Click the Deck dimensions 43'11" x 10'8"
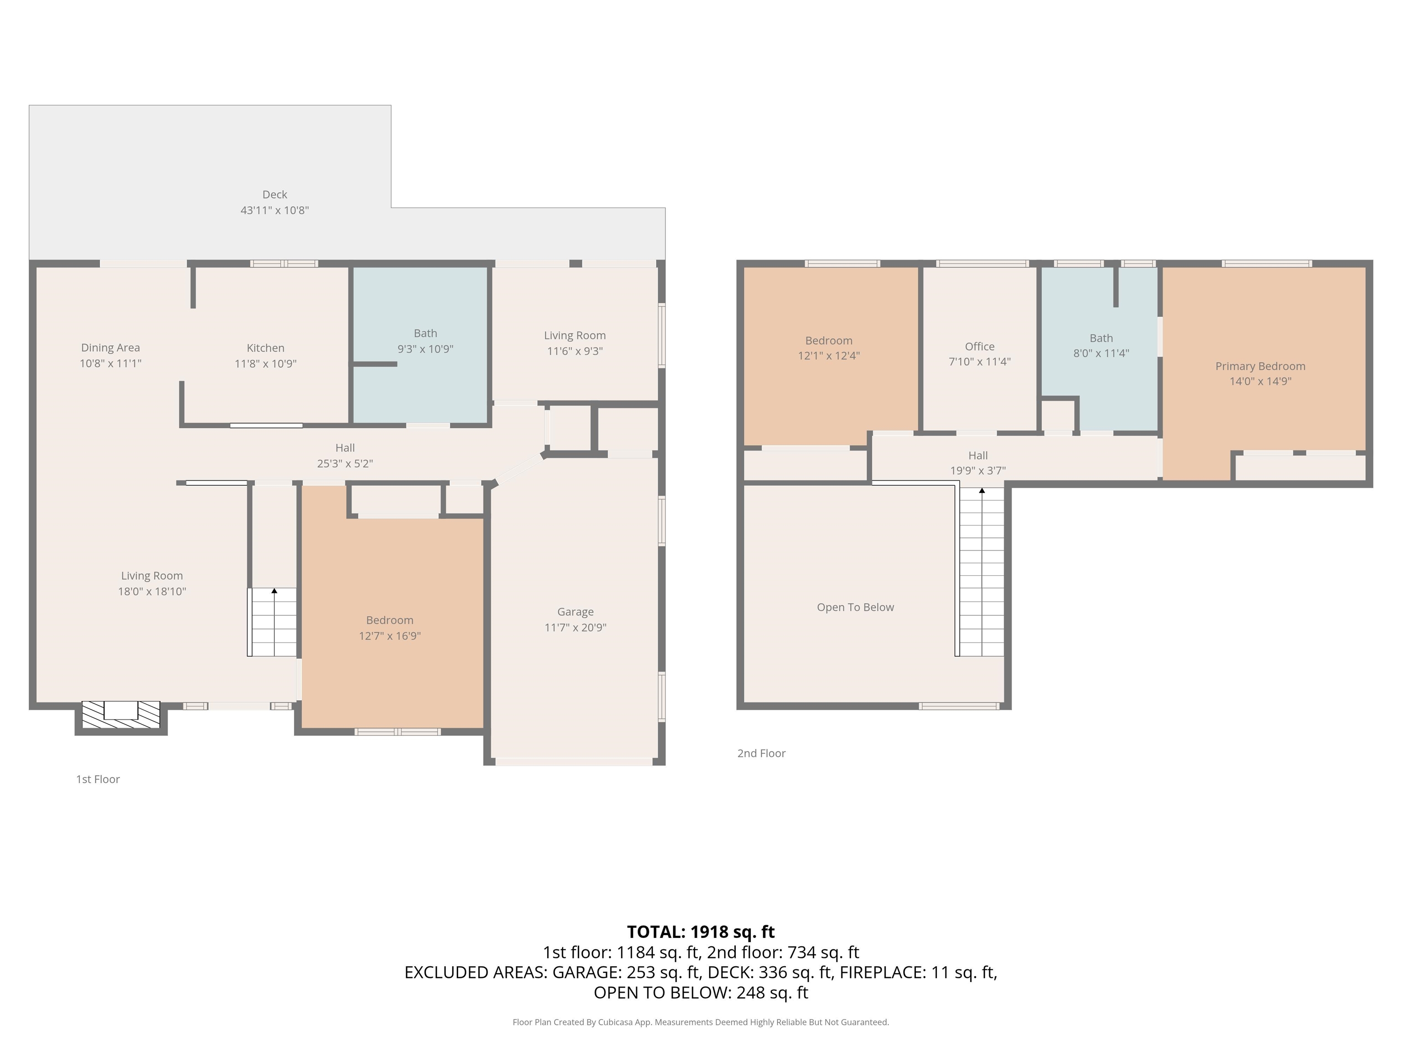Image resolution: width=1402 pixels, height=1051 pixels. [274, 210]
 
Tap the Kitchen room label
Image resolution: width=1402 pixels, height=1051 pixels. [266, 348]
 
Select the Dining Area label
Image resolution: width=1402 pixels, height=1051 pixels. [110, 348]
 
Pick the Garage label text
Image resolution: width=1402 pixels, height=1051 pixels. [575, 612]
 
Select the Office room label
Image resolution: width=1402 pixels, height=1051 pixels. [980, 347]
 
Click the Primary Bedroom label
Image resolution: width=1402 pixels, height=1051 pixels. [1261, 366]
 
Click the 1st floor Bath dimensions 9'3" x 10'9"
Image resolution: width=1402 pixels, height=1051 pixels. [425, 349]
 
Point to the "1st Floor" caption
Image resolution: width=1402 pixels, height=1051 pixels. [98, 779]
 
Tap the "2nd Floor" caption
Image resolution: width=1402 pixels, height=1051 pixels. [761, 753]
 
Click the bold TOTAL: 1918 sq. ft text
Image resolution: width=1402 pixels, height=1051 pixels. [701, 932]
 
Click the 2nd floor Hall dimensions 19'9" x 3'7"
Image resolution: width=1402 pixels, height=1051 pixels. [978, 471]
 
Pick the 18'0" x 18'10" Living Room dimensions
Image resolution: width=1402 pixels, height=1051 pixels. [152, 592]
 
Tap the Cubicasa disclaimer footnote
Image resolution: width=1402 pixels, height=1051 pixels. [701, 1022]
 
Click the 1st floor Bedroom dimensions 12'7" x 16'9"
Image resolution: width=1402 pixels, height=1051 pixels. [390, 636]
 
